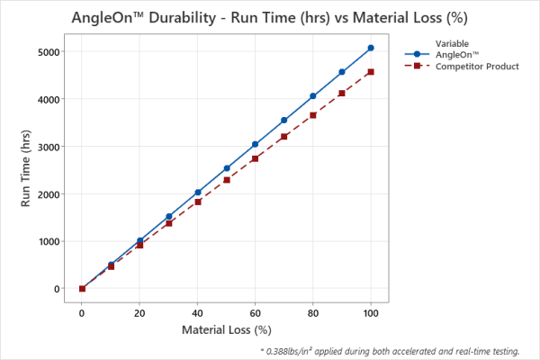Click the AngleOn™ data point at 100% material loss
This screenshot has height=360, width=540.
pos(371,48)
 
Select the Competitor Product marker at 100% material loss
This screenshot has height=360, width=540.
pos(371,72)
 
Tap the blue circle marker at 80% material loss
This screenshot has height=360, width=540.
pos(313,95)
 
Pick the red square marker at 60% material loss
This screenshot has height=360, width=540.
pos(256,158)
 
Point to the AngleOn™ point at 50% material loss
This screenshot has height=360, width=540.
pos(227,168)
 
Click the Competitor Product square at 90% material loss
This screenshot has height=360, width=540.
pos(342,93)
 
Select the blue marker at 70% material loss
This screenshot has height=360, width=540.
pos(284,120)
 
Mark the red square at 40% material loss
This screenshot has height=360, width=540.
pos(198,202)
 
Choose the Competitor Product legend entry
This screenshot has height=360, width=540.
pos(476,67)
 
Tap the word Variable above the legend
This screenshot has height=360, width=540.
pos(453,43)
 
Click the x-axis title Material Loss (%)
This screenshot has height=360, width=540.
pos(226,330)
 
